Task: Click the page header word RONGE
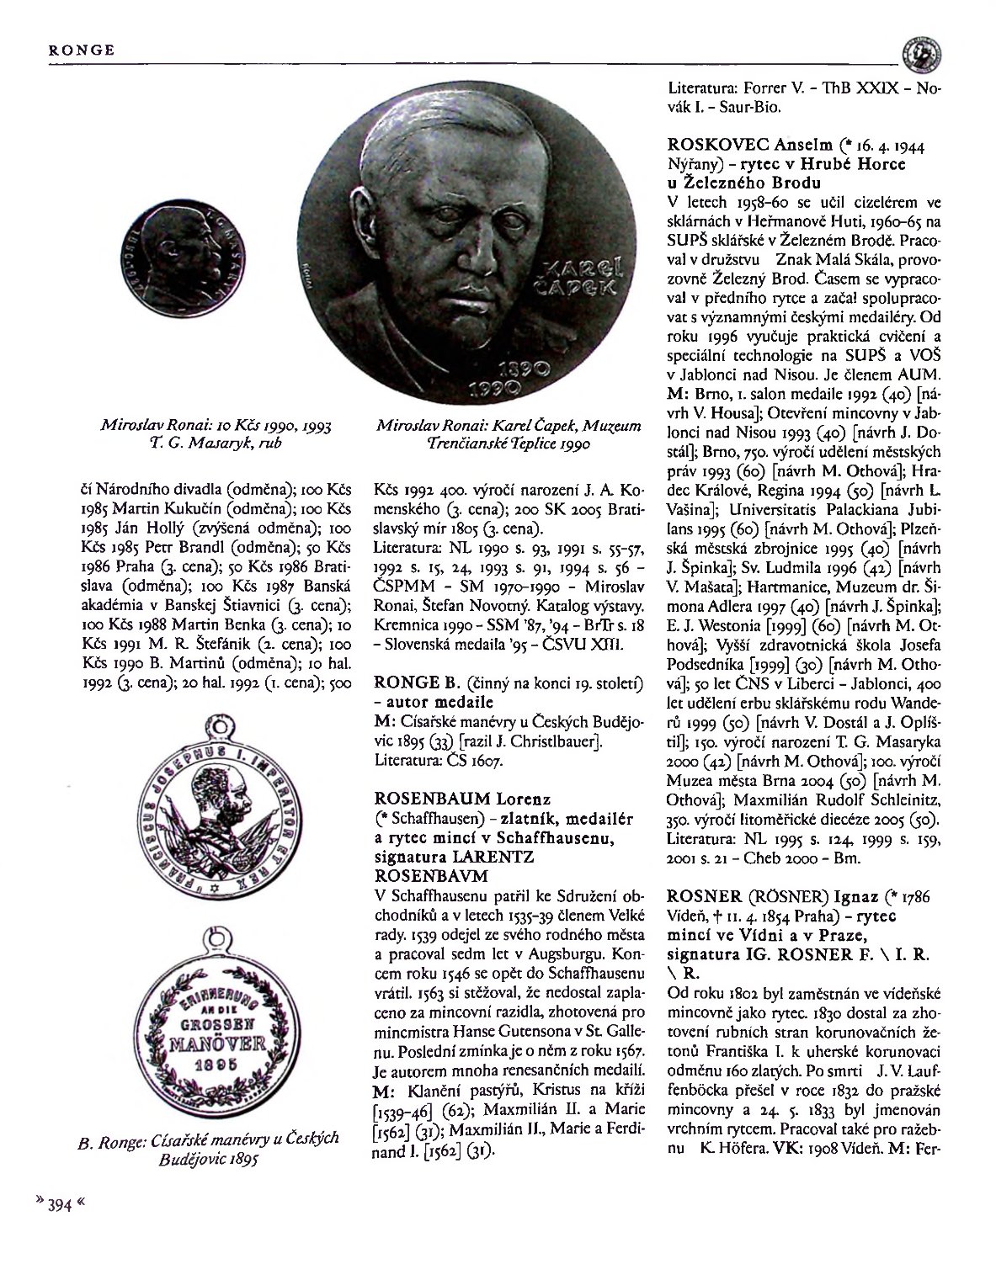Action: point(81,50)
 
